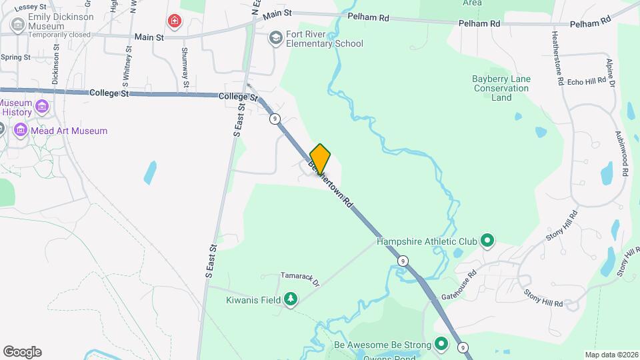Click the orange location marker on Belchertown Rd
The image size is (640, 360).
[x=321, y=159]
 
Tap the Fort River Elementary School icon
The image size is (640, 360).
[x=275, y=38]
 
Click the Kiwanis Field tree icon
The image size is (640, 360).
[x=290, y=300]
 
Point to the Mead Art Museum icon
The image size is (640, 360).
[x=21, y=131]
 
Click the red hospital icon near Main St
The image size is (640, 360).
[x=175, y=21]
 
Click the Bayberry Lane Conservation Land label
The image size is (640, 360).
[x=501, y=88]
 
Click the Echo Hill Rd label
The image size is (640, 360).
[x=586, y=81]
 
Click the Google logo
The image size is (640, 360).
[x=22, y=352]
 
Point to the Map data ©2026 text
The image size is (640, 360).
[x=611, y=355]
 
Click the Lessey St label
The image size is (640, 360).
[x=29, y=6]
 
